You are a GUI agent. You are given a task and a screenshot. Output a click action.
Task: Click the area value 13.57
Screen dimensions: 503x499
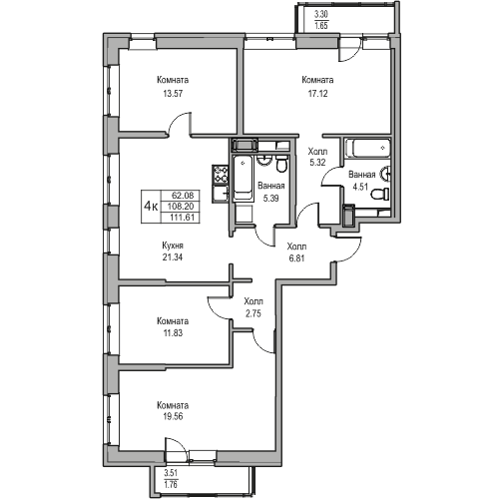(173, 94)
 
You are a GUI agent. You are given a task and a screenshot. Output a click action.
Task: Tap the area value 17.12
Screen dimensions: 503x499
(317, 94)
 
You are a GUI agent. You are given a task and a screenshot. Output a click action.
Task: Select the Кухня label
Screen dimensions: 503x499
(173, 246)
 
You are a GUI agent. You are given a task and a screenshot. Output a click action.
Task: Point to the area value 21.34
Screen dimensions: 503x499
(173, 257)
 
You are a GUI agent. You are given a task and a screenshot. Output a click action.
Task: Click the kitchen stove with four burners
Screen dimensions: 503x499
(221, 175)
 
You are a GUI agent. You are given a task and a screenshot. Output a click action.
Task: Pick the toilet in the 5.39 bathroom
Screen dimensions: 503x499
(281, 165)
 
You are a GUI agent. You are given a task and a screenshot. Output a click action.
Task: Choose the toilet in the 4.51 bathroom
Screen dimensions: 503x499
(380, 194)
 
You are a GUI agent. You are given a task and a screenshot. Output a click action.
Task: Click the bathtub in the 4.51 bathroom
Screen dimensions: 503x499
(367, 148)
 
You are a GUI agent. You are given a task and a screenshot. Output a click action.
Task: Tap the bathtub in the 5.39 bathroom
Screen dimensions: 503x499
(243, 179)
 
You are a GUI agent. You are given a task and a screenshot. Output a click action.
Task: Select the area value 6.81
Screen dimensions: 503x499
(297, 258)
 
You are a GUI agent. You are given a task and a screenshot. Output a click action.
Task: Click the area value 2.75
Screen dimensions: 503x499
(253, 313)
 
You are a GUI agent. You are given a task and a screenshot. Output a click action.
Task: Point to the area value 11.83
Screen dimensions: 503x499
(173, 332)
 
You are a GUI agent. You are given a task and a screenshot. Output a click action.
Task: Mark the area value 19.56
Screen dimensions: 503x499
(173, 416)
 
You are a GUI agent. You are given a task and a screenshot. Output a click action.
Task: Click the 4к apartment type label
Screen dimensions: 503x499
(151, 207)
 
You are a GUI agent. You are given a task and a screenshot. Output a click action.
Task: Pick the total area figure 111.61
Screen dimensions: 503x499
(181, 218)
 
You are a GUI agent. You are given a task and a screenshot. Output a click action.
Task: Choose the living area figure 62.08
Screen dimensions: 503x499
(181, 195)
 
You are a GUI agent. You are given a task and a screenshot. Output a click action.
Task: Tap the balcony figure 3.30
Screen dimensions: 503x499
(321, 14)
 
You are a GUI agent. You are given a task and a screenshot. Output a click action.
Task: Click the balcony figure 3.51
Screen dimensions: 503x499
(171, 473)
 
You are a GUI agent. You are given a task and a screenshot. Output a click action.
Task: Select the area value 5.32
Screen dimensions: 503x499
(317, 163)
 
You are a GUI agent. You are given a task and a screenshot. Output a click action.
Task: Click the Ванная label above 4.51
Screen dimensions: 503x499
(362, 175)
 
